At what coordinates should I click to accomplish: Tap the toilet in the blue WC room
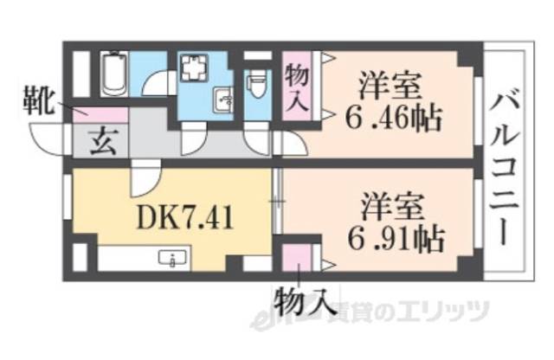point(256,87)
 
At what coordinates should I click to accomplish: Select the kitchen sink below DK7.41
point(174,258)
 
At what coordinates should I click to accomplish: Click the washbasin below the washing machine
point(222,102)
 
